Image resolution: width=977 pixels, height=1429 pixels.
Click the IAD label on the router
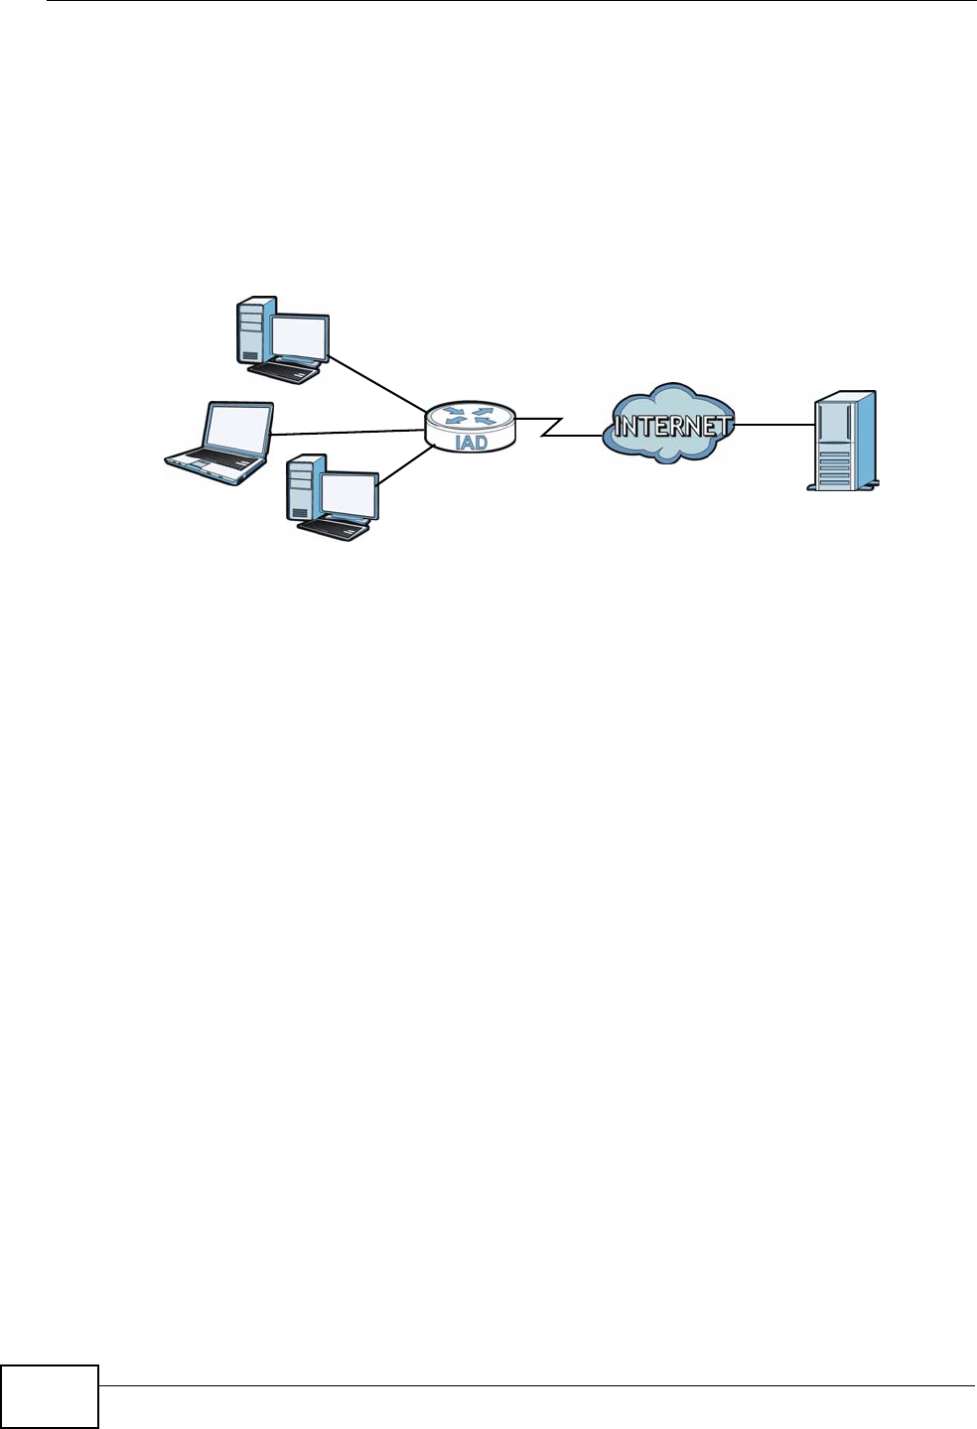pyautogui.click(x=471, y=442)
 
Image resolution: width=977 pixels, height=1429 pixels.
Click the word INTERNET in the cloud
pyautogui.click(x=671, y=427)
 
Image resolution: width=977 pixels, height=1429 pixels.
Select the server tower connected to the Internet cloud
pyautogui.click(x=843, y=442)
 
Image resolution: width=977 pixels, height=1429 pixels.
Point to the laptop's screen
pyautogui.click(x=238, y=428)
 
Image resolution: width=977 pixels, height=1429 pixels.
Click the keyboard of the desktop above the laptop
pyautogui.click(x=284, y=371)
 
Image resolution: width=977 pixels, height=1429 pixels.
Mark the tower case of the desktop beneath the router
pyautogui.click(x=303, y=488)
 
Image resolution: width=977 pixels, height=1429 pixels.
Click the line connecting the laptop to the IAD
pyautogui.click(x=348, y=432)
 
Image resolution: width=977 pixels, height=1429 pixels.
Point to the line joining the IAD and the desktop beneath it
pyautogui.click(x=405, y=466)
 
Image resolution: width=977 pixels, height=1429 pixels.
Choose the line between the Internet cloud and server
pyautogui.click(x=773, y=425)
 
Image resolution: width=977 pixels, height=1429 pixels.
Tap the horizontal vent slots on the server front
pyautogui.click(x=834, y=465)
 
